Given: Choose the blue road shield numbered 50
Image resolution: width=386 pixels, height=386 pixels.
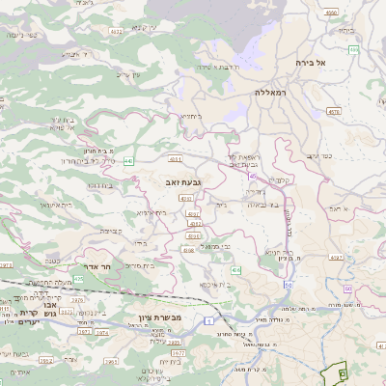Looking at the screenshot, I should tap(287, 287).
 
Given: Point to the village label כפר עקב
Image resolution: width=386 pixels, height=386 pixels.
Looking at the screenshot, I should tap(348, 153).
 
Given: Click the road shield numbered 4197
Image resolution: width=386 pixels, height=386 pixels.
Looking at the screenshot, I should tap(336, 258).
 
